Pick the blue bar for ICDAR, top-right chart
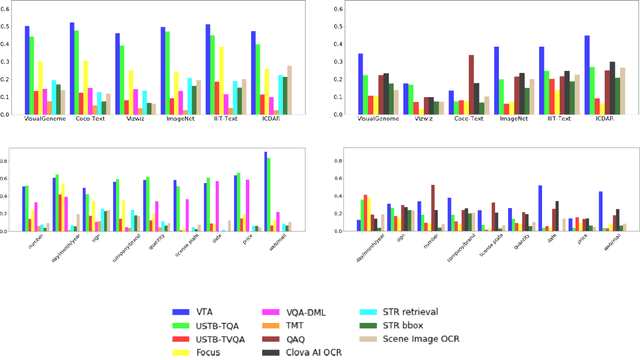click(x=587, y=75)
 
